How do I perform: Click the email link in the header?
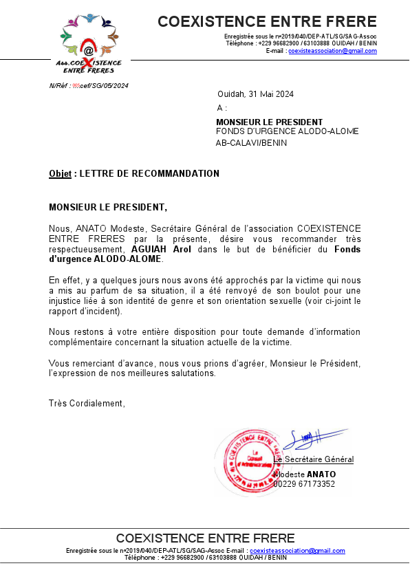pos(332,51)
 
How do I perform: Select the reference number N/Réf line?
pos(89,85)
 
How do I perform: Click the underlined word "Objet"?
pos(60,174)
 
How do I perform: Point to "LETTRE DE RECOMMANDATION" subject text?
pos(149,174)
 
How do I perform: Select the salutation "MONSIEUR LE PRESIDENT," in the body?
pos(108,207)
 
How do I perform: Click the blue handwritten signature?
pos(313,438)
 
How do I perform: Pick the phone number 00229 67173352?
pos(304,484)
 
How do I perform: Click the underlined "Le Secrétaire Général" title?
pos(314,459)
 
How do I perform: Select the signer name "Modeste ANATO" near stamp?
pos(305,474)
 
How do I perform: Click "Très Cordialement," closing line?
pos(87,403)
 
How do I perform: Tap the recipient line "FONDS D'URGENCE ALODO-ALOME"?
pos(287,131)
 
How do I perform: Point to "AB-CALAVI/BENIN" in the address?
pos(251,143)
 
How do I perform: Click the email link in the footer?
pos(297,551)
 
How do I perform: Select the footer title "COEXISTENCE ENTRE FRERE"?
pos(205,538)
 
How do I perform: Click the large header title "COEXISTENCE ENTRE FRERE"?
pos(267,22)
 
